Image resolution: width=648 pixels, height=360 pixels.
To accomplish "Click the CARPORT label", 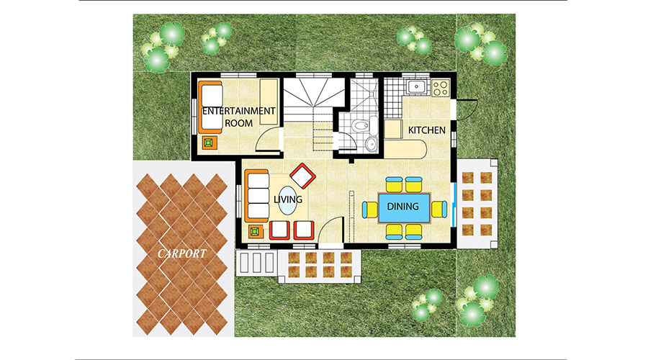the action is (182, 253).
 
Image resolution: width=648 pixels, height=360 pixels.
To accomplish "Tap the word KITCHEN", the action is (427, 130).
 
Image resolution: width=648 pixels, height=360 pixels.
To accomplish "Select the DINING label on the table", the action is (403, 206).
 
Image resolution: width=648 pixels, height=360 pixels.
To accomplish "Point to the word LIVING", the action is (288, 199).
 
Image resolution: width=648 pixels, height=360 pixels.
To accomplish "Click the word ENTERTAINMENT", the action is (239, 111).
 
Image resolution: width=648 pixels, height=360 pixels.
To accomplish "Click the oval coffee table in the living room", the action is (287, 200).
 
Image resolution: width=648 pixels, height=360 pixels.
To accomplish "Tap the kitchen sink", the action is (417, 87).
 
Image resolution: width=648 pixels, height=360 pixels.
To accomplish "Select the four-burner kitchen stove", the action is (441, 88).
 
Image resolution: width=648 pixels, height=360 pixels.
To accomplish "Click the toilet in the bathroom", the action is (360, 125).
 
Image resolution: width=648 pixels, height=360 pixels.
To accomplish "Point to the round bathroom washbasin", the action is (371, 144).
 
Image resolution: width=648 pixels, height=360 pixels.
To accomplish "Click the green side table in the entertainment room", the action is (210, 143).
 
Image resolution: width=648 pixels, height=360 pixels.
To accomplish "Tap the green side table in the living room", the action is (256, 231).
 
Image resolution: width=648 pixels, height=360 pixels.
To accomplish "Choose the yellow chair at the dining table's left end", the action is (370, 210).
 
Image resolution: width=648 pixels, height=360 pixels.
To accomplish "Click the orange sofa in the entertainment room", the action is (210, 107).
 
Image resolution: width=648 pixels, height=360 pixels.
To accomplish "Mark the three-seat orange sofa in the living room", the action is (256, 196).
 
